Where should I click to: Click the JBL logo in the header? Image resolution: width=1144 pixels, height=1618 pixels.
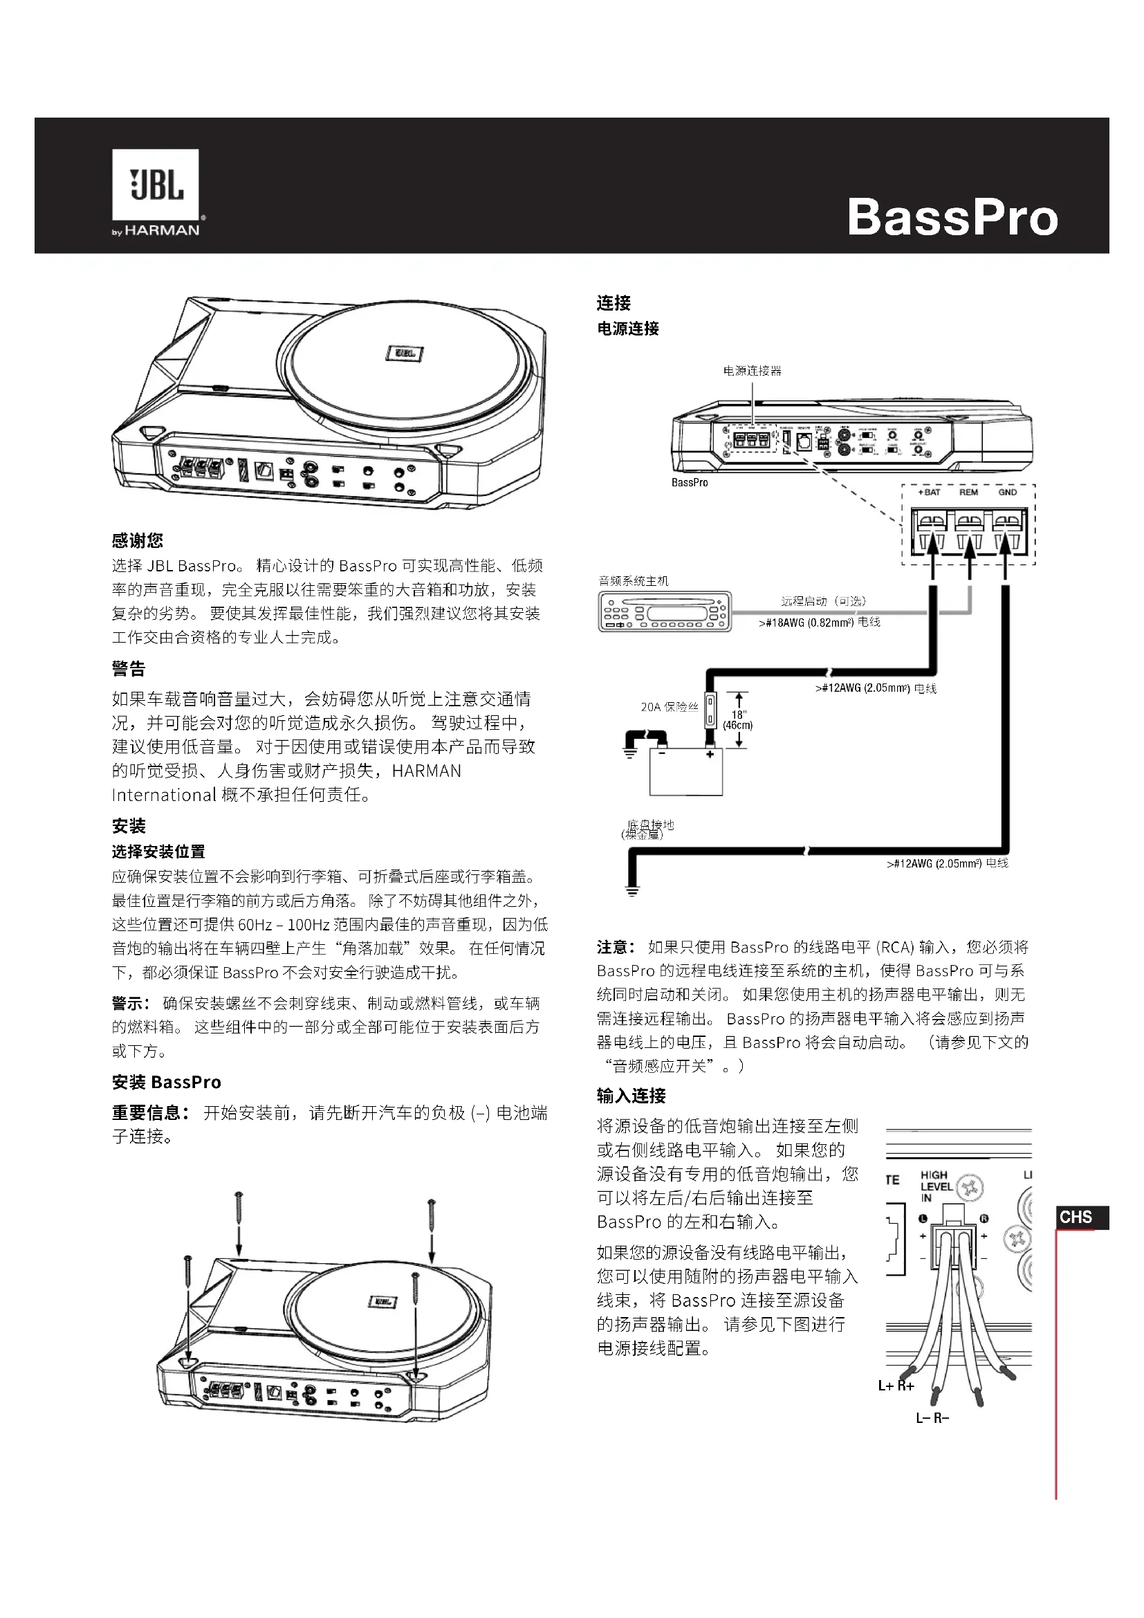coord(156,185)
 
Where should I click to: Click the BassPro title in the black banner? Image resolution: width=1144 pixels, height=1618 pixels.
coord(952,217)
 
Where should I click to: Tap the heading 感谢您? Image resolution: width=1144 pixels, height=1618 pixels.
coord(138,540)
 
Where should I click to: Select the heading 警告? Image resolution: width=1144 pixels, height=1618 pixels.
coord(129,668)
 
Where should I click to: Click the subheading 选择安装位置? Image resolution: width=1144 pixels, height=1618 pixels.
coord(158,852)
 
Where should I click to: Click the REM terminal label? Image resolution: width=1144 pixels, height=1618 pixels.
coord(968,492)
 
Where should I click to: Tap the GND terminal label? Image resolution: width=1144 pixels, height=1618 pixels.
coord(1007,492)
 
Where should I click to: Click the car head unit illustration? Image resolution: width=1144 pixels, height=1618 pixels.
coord(664,610)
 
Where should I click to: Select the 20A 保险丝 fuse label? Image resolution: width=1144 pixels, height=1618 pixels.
coord(670,706)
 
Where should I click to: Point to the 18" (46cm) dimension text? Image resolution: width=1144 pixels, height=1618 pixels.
coord(738,719)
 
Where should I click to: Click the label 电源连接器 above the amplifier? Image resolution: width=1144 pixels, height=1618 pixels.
coord(753,371)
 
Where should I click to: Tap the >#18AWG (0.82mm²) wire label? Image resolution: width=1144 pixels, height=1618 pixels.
coord(819,623)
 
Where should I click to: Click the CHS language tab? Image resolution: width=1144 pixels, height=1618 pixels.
coord(1076,1217)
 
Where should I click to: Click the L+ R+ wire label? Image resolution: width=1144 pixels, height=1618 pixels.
coord(896,1386)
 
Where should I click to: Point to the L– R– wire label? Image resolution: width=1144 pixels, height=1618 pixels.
coord(932,1417)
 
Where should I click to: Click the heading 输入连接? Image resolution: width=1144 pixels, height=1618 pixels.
coord(631,1096)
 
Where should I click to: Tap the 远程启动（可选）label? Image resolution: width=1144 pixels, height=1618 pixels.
coord(824,601)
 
